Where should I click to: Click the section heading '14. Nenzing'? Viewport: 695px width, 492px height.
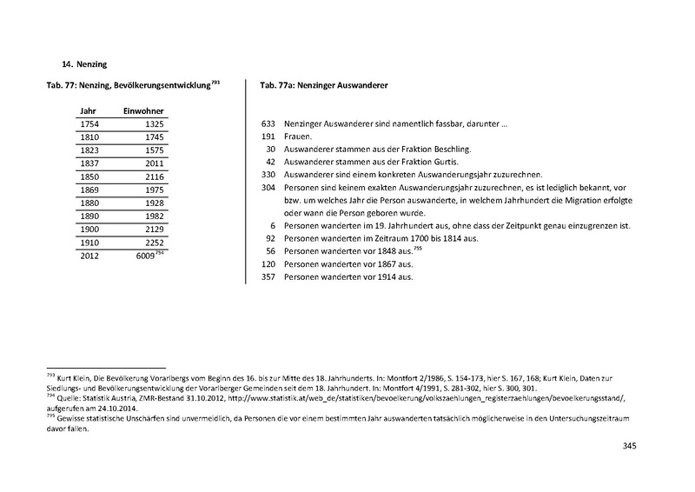click(86, 63)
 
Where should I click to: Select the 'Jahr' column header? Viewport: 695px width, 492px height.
click(88, 112)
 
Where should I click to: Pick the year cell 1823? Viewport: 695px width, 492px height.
click(89, 150)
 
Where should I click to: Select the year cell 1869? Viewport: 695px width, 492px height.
click(89, 189)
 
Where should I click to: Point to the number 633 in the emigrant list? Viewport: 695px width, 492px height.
click(268, 125)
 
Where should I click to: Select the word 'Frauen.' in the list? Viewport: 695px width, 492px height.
click(301, 137)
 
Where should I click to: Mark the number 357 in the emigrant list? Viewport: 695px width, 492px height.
click(268, 276)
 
